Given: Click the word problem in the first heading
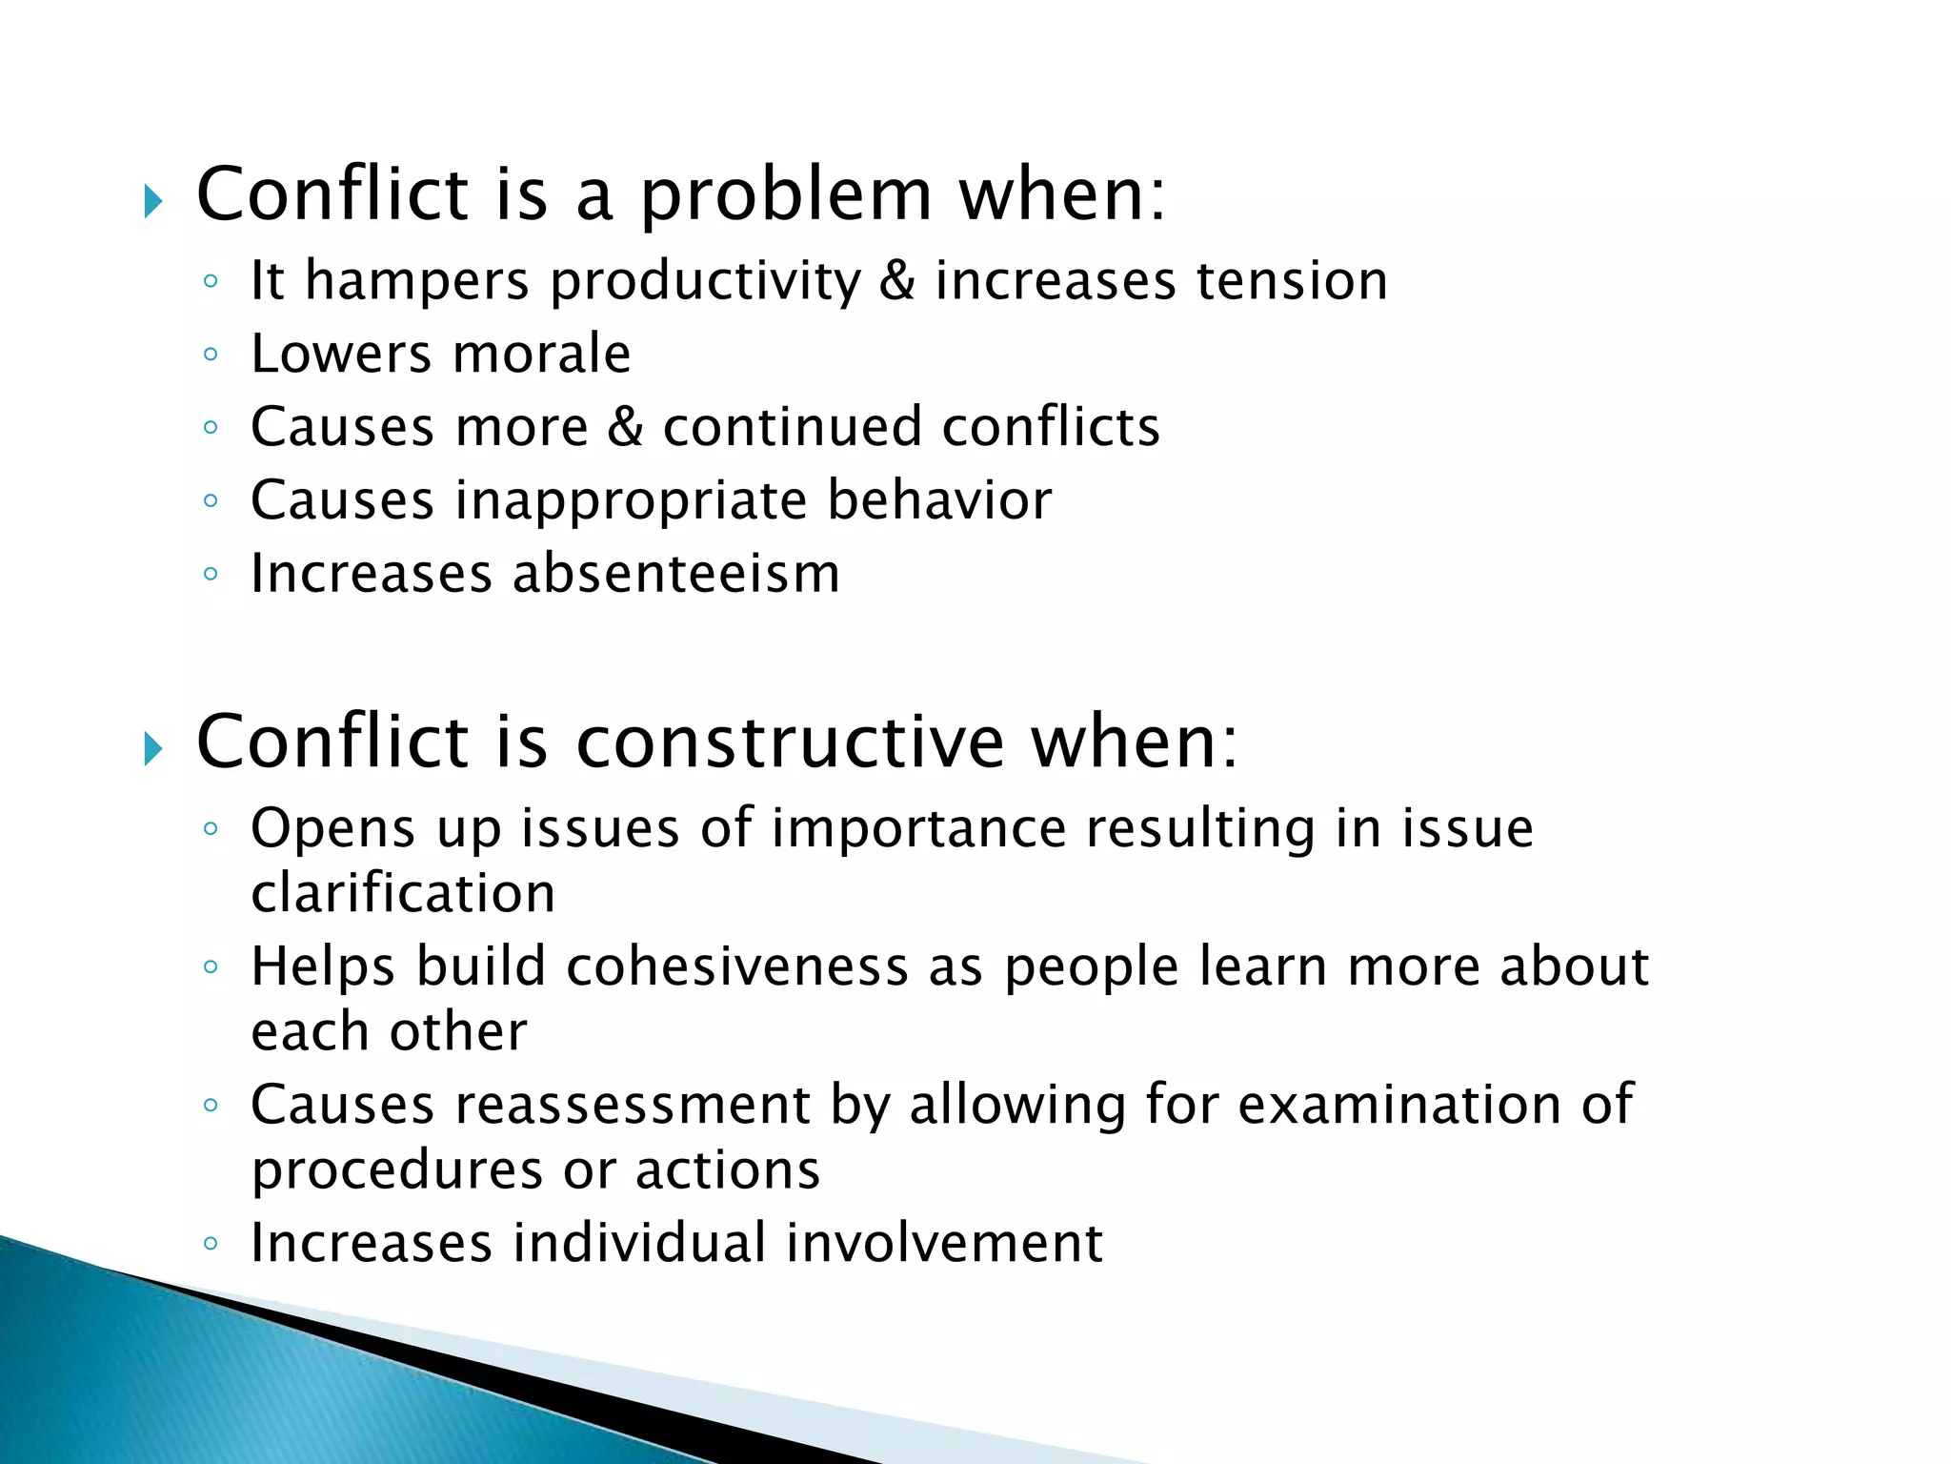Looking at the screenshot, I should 785,196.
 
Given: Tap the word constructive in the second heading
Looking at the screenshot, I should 792,742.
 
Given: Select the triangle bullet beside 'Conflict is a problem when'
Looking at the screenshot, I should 152,201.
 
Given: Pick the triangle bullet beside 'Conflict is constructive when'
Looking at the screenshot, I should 152,749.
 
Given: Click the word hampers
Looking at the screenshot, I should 416,282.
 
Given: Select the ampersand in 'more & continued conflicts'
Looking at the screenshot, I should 625,426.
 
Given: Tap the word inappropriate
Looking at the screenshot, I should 631,501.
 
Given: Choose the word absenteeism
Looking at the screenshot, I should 676,574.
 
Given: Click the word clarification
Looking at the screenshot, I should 403,894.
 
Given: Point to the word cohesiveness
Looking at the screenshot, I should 737,966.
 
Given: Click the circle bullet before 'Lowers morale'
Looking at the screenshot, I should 211,355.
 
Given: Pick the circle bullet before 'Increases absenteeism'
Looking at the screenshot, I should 211,574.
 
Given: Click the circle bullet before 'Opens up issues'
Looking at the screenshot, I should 211,828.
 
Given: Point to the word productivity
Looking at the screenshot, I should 706,283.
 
